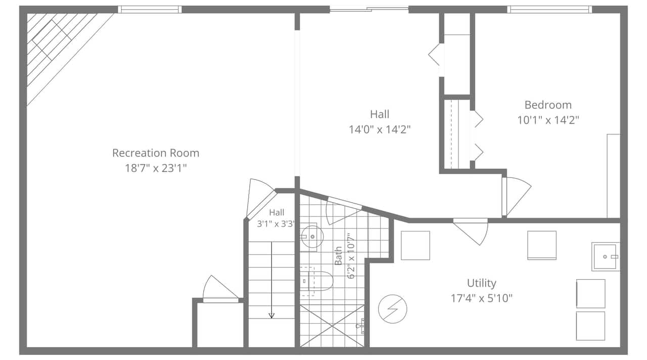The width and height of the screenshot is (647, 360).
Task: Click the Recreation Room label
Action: tap(156, 153)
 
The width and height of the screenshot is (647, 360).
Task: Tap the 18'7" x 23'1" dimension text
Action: tap(156, 168)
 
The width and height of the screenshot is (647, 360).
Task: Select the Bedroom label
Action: tap(548, 105)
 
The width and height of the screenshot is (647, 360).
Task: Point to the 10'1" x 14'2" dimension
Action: tap(548, 120)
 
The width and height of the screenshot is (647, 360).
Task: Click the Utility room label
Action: tap(482, 283)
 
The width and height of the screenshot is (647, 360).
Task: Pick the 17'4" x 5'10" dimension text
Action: tap(482, 298)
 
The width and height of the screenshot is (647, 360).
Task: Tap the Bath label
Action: tap(338, 256)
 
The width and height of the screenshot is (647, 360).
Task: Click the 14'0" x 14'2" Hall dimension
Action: tap(380, 129)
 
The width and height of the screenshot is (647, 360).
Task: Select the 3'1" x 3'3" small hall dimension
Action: tap(276, 224)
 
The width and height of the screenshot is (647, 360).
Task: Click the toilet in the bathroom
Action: tap(316, 281)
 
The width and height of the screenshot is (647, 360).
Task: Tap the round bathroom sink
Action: tap(312, 237)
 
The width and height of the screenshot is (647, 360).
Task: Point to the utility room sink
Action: tap(606, 256)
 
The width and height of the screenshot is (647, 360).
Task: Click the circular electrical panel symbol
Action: tap(393, 309)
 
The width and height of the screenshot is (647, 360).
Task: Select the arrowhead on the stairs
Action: tap(271, 316)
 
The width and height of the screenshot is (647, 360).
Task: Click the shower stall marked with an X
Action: tap(332, 326)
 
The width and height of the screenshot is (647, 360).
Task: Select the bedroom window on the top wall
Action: tap(549, 10)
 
